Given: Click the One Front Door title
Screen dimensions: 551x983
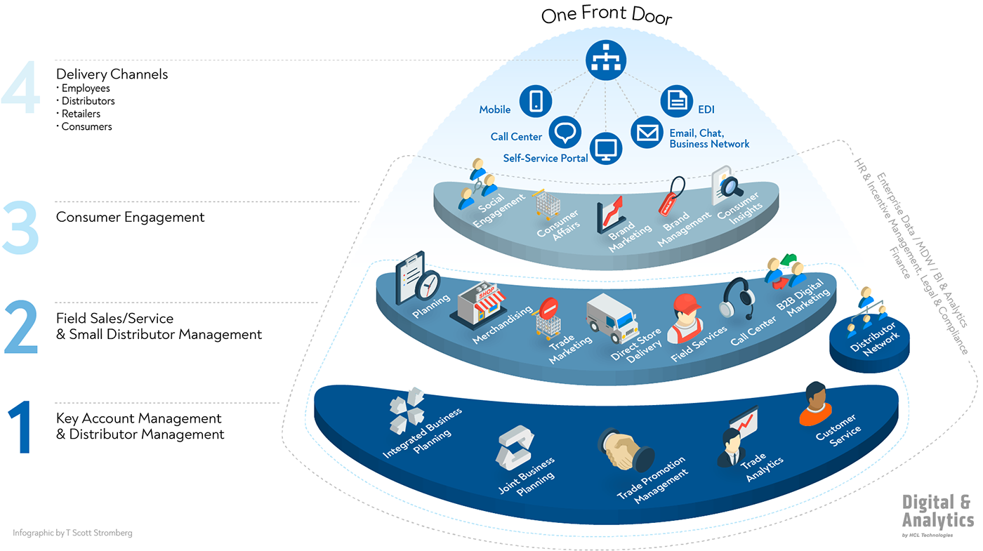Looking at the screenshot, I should click(x=606, y=16).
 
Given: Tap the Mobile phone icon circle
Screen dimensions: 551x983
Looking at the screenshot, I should click(x=536, y=101).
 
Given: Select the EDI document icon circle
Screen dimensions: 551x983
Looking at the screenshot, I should click(x=677, y=101).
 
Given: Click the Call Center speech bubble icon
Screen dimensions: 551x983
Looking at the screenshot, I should click(x=565, y=132).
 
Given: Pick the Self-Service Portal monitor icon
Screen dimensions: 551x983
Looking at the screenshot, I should click(x=606, y=148).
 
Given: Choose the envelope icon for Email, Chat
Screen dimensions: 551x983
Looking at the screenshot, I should click(x=647, y=132).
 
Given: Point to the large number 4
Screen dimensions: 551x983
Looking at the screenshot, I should click(x=20, y=88).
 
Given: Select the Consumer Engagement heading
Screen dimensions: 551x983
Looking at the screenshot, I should click(x=131, y=217).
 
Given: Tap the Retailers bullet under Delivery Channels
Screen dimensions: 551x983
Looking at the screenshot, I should click(x=81, y=114).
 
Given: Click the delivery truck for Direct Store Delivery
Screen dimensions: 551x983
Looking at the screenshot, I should click(x=612, y=317).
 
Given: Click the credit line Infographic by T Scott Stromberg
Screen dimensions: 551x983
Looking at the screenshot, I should click(x=72, y=533).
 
